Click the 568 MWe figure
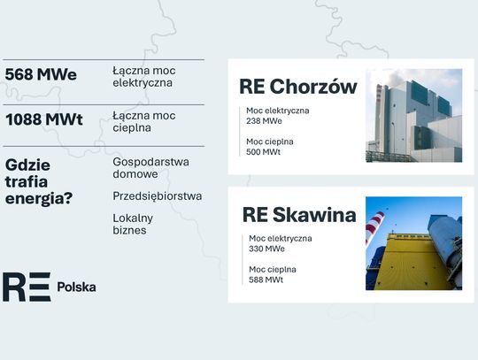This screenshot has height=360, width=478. point(41,75)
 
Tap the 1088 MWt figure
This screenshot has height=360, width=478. point(44,119)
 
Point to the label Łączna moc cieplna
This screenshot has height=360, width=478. point(144,121)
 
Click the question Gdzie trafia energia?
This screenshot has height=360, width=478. point(41,181)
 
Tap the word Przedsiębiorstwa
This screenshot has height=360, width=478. point(158,195)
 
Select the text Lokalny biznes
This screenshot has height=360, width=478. point(133,224)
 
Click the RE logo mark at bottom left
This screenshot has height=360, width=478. point(27,287)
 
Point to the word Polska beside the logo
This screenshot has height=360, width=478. point(76,287)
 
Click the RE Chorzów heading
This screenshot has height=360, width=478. point(298,87)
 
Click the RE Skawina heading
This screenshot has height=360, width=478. point(299,215)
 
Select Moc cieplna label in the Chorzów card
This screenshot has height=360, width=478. point(271,142)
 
